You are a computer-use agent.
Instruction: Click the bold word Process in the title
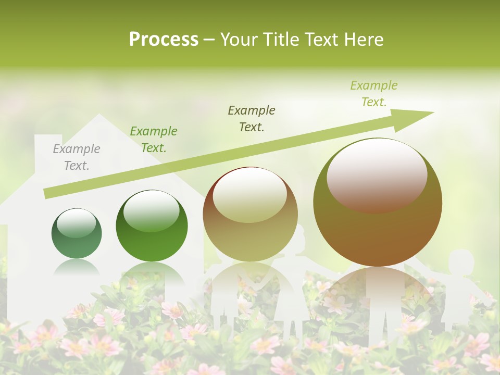pyautogui.click(x=164, y=40)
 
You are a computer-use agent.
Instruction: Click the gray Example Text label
pyautogui.click(x=77, y=157)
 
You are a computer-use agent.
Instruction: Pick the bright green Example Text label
pyautogui.click(x=154, y=140)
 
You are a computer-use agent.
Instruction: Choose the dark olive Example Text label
pyautogui.click(x=252, y=119)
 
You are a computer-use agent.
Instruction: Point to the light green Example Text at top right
pyautogui.click(x=373, y=94)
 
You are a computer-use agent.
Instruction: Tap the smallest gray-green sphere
pyautogui.click(x=77, y=233)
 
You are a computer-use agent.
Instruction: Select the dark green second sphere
pyautogui.click(x=152, y=226)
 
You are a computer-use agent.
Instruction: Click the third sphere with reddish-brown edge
pyautogui.click(x=250, y=215)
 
